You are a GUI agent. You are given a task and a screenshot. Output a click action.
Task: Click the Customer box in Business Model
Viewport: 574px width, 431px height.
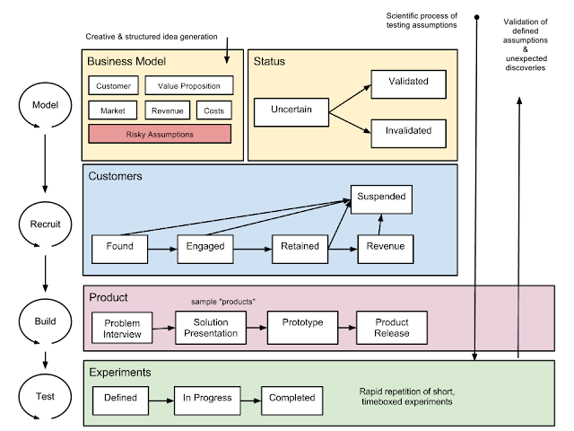click(113, 86)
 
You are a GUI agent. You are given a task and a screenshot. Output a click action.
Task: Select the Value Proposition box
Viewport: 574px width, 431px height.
click(188, 86)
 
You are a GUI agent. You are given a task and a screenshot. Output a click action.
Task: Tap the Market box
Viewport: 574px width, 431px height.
click(113, 110)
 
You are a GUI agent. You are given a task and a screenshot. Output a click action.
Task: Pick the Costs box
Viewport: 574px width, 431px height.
click(213, 110)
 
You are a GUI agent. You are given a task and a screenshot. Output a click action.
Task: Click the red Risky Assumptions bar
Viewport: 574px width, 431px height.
click(160, 135)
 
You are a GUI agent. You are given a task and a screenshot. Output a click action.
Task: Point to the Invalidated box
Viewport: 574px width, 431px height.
click(408, 131)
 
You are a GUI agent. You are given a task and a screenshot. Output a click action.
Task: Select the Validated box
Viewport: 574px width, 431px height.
click(408, 83)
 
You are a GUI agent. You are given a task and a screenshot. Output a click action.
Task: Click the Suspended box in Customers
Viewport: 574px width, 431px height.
click(381, 196)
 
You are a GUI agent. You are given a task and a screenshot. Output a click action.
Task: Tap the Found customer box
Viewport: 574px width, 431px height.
click(119, 246)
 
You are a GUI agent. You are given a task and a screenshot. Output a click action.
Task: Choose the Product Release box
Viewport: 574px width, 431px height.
click(392, 328)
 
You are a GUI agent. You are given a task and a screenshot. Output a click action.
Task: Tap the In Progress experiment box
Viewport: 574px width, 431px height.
click(207, 398)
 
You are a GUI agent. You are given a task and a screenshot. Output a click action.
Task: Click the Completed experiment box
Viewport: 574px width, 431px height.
click(291, 398)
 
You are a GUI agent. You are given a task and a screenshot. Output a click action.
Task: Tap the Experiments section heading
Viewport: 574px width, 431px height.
click(119, 372)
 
